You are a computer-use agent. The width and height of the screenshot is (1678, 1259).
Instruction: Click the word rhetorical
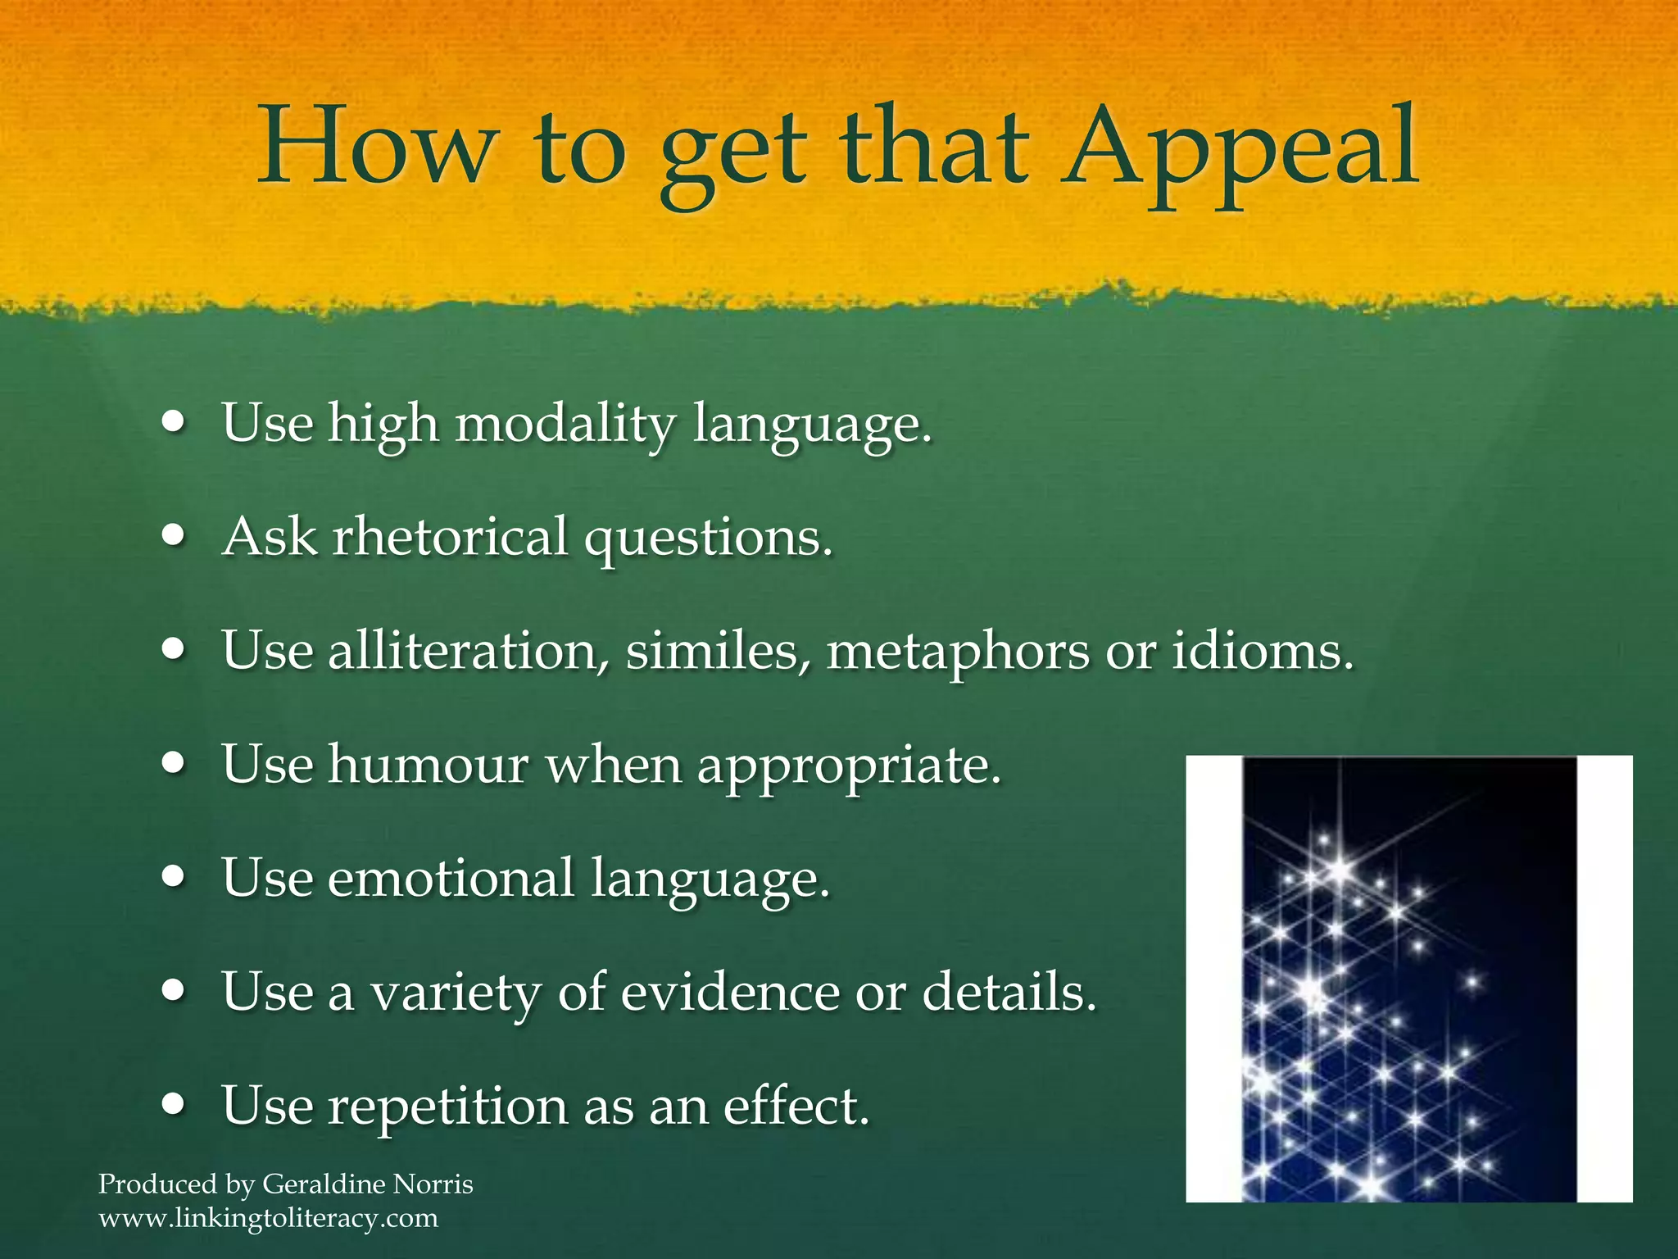click(449, 538)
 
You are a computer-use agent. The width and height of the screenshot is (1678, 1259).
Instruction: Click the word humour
click(428, 765)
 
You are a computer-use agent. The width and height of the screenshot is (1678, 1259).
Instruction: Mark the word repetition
click(447, 1106)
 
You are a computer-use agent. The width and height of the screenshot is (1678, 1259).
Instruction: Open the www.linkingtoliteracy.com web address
click(269, 1218)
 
